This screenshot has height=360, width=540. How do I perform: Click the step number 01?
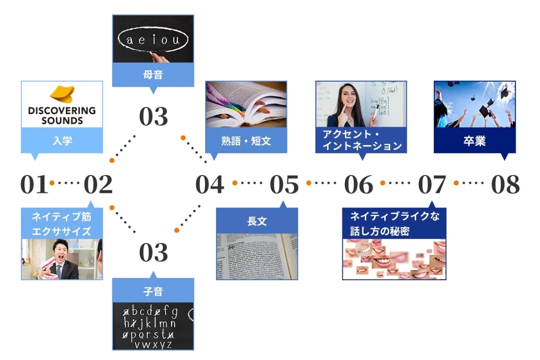pyautogui.click(x=34, y=185)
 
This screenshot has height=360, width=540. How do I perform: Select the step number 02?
pyautogui.click(x=98, y=185)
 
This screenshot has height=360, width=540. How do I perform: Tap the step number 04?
pyautogui.click(x=210, y=185)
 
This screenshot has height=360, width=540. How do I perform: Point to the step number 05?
pyautogui.click(x=284, y=185)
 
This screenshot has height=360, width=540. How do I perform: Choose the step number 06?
pyautogui.click(x=358, y=185)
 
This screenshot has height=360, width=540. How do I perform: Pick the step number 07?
pyautogui.click(x=432, y=185)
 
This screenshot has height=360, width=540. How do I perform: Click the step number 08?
pyautogui.click(x=505, y=185)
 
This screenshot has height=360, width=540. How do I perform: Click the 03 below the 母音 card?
pyautogui.click(x=153, y=117)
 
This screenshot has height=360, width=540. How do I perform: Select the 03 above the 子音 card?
pyautogui.click(x=153, y=253)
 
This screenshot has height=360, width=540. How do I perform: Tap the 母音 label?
pyautogui.click(x=153, y=75)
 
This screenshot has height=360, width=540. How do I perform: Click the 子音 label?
pyautogui.click(x=153, y=291)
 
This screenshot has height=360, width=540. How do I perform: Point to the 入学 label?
pyautogui.click(x=62, y=141)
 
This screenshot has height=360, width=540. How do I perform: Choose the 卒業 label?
pyautogui.click(x=474, y=141)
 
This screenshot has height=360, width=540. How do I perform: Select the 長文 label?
pyautogui.click(x=257, y=221)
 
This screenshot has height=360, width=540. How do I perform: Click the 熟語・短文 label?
pyautogui.click(x=246, y=141)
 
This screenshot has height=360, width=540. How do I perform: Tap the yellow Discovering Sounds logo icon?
pyautogui.click(x=62, y=94)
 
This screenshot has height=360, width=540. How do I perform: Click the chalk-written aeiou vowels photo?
pyautogui.click(x=153, y=39)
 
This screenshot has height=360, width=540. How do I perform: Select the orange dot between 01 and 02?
pyautogui.click(x=52, y=183)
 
